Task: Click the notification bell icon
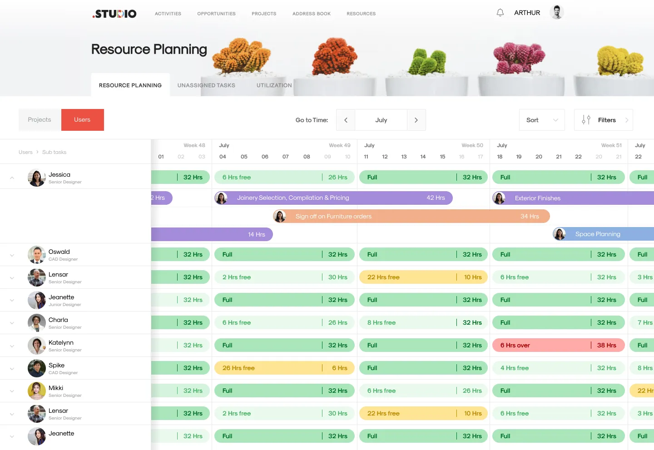click(x=500, y=13)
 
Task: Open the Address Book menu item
click(x=311, y=14)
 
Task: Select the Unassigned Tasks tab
click(x=206, y=85)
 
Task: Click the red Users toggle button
click(x=82, y=120)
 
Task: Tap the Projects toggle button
click(x=40, y=120)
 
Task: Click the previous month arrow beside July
click(x=346, y=120)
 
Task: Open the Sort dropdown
click(x=542, y=120)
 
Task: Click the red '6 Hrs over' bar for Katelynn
click(x=558, y=345)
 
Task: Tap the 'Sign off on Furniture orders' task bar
click(x=411, y=216)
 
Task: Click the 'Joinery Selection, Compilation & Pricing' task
click(x=333, y=198)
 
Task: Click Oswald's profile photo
click(x=36, y=255)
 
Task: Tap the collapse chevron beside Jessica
click(x=12, y=178)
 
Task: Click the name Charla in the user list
click(x=58, y=320)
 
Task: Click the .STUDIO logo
click(x=114, y=14)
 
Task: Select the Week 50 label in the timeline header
click(x=472, y=145)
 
